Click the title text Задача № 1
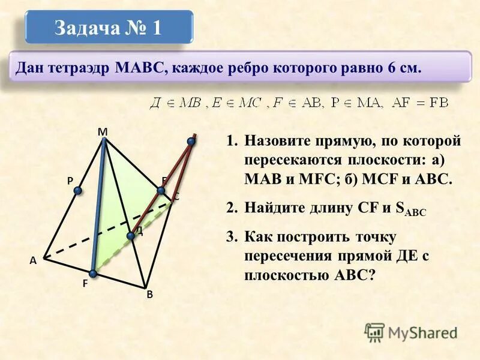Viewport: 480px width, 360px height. click(108, 28)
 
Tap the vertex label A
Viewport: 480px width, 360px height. click(32, 260)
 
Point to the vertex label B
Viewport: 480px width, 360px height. click(150, 295)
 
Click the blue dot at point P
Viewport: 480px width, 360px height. click(77, 191)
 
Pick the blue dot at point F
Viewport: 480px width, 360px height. click(93, 274)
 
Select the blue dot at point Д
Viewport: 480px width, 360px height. click(131, 236)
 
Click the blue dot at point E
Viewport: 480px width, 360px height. click(161, 191)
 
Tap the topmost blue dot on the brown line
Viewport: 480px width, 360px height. click(191, 141)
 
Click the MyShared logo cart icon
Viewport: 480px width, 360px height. click(374, 332)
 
